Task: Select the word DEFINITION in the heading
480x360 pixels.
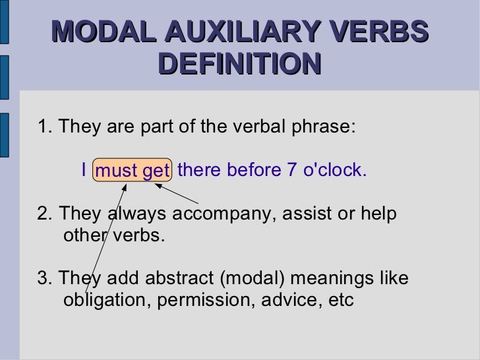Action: click(240, 64)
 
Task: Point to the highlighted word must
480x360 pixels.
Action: click(117, 172)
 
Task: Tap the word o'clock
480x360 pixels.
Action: click(334, 171)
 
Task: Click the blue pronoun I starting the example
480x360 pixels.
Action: click(84, 171)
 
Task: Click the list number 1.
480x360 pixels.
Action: click(43, 127)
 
